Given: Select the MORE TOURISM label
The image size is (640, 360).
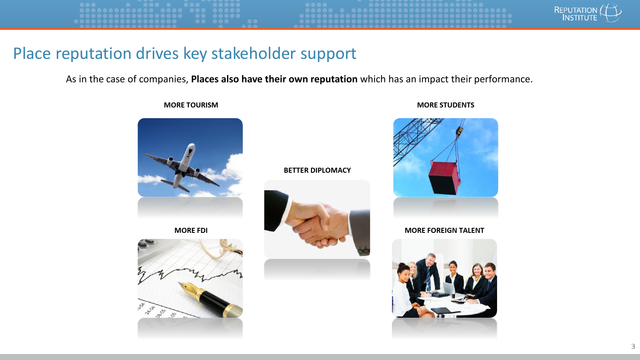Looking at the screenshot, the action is [x=191, y=105].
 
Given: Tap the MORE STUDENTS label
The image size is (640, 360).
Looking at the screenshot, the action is [x=445, y=105].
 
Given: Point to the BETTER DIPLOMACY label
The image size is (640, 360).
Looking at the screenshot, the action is [x=317, y=170].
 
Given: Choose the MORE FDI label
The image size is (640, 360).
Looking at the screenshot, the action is [x=191, y=230].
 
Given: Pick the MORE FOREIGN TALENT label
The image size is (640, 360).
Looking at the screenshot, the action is [x=444, y=230].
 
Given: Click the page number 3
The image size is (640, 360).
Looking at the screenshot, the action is [x=633, y=347].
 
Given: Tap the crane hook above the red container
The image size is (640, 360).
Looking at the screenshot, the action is [x=459, y=131].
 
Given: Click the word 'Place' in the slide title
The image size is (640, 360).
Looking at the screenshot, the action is [x=32, y=53].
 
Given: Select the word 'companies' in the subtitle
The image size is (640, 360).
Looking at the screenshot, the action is [x=164, y=79].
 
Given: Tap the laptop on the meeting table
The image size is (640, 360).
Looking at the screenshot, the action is [x=449, y=289].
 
